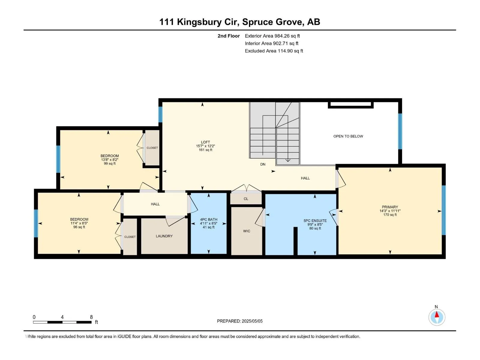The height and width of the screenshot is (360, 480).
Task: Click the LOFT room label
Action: point(205,142)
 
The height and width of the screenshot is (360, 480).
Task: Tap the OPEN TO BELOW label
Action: point(348,136)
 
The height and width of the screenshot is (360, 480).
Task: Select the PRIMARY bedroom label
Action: point(390,207)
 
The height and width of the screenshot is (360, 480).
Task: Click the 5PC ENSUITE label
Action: point(315,220)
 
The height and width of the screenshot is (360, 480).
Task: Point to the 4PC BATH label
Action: point(208,220)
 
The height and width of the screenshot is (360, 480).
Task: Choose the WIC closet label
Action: point(247,231)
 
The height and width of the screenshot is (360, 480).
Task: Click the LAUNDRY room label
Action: point(164,236)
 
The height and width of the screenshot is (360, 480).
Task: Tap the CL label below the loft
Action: point(246,199)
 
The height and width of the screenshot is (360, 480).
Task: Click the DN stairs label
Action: point(263,164)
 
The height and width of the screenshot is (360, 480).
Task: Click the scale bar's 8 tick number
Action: point(91,317)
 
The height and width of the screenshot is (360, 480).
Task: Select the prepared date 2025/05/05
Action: point(252,321)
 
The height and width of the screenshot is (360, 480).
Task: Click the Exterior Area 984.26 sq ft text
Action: point(272,36)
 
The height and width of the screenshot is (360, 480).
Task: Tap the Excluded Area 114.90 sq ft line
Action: point(274,51)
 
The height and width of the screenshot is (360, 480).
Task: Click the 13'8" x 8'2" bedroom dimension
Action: point(109,160)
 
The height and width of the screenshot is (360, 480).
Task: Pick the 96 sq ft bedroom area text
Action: point(79,227)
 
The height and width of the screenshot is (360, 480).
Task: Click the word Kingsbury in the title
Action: point(199,22)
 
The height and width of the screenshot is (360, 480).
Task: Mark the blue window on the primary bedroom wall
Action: point(444,210)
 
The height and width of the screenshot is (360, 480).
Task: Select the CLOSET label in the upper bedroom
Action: point(152,148)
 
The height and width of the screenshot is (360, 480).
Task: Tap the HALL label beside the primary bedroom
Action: point(305,178)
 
